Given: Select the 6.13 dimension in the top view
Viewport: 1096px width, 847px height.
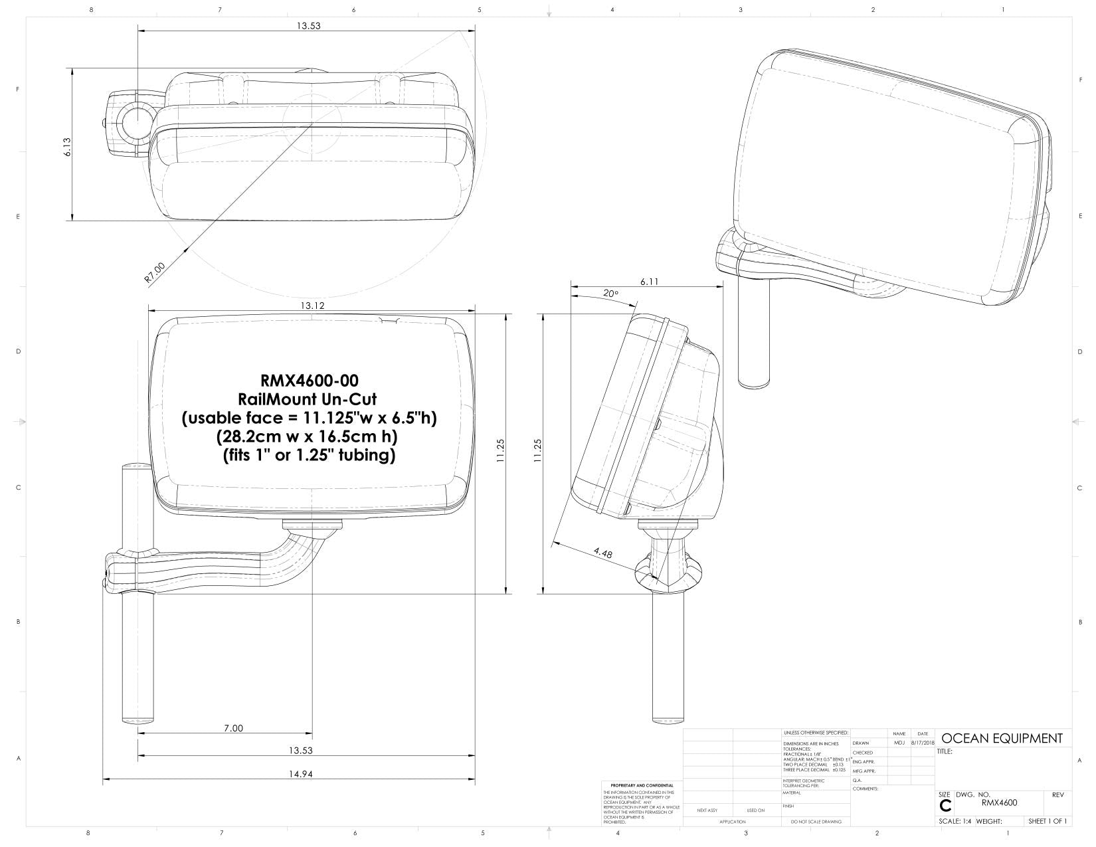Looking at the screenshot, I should point(67,147).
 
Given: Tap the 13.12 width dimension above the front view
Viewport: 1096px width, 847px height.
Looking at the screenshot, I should point(312,306).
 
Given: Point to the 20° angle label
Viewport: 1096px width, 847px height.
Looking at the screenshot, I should point(610,293).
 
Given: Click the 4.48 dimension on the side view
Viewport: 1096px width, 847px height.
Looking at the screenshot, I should point(603,552).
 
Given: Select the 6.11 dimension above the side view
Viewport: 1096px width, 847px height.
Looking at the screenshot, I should point(649,282).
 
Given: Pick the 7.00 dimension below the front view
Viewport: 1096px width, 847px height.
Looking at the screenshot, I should point(233,728).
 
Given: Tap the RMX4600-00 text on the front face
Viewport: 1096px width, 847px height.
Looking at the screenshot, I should point(309,381).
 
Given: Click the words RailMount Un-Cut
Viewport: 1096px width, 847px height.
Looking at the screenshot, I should point(309,399).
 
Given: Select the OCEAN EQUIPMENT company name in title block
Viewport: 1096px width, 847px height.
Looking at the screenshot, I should point(1002,738).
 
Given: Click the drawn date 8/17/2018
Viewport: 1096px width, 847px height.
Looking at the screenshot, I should point(923,743).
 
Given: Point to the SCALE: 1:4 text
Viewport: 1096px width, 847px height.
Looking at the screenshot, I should point(954,822).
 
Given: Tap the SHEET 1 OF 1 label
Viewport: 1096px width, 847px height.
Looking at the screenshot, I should point(1048,822).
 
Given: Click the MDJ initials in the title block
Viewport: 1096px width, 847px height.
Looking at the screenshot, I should point(899,743).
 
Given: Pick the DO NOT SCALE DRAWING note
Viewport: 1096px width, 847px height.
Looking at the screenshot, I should point(816,822).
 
